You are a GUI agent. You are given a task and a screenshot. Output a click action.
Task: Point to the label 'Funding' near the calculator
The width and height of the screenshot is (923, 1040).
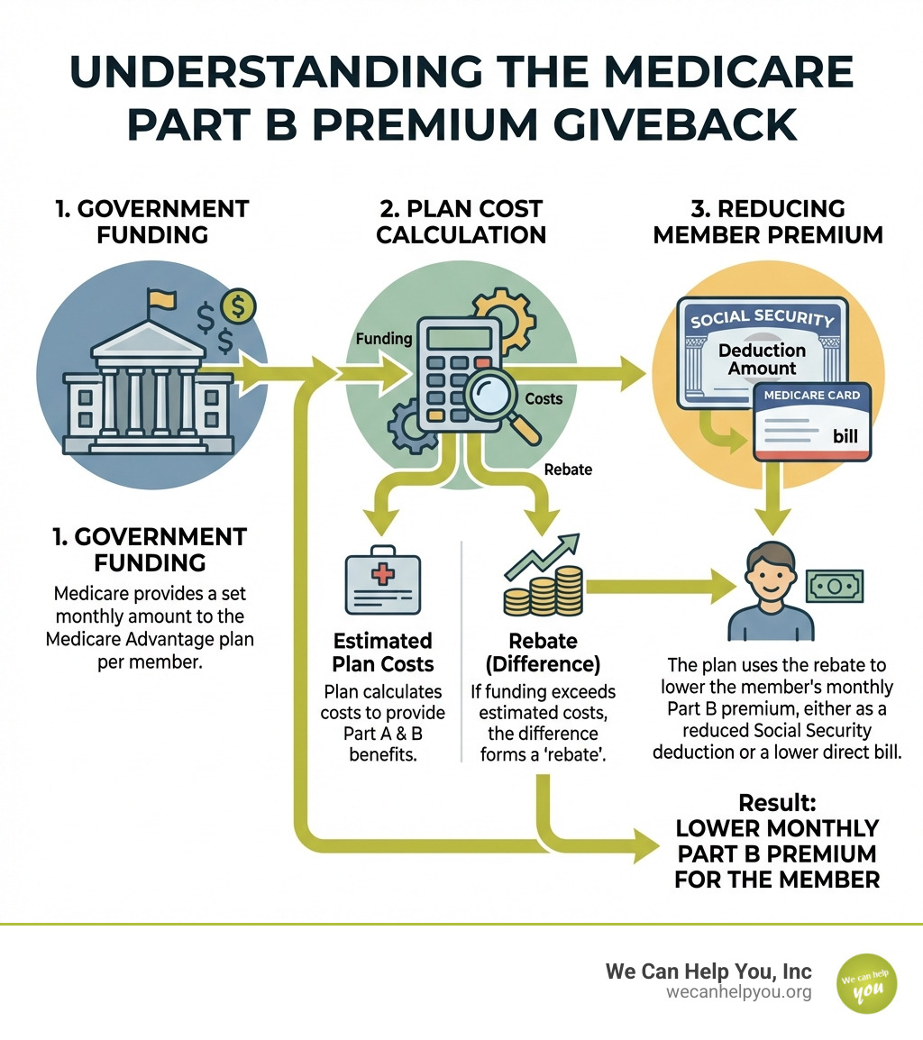[x=384, y=340]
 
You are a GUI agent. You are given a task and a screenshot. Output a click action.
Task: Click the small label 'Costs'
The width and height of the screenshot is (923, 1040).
[x=544, y=397]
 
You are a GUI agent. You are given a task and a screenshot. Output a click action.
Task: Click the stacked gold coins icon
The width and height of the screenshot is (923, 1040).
[x=542, y=590]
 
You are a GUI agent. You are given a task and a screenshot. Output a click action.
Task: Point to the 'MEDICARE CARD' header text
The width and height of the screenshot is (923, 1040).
[x=811, y=395]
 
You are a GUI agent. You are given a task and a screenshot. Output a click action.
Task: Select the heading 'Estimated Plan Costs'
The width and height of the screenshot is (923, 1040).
[x=383, y=652]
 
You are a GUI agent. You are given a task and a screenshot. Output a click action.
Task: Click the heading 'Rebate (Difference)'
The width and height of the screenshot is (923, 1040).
[x=543, y=652]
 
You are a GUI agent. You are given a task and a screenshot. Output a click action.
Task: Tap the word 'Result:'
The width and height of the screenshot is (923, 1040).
[x=777, y=802]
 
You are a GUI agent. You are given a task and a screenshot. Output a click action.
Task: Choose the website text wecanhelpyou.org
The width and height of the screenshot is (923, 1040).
[x=739, y=992]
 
